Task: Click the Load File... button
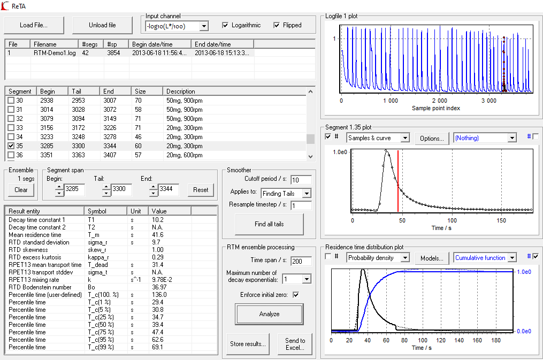(34, 25)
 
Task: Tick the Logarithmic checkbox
(225, 25)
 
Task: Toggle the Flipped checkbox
(277, 25)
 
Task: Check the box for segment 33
(11, 128)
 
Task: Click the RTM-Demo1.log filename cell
(55, 53)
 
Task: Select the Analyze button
(269, 314)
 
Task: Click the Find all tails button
(269, 224)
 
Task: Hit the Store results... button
(248, 344)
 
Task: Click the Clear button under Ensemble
(21, 190)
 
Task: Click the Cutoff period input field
(301, 180)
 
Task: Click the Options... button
(432, 138)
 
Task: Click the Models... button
(432, 258)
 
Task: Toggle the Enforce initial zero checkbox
(296, 295)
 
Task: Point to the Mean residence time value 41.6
(158, 235)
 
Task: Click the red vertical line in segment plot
(398, 181)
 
